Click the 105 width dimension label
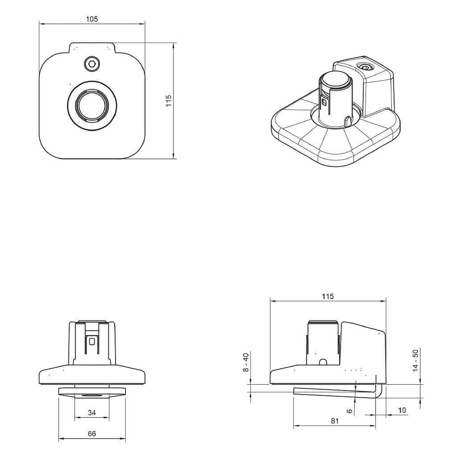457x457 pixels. (92, 19)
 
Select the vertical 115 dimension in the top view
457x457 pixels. (169, 101)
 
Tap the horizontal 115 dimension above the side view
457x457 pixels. (328, 296)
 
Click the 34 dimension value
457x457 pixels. (92, 413)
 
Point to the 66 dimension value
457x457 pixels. (92, 434)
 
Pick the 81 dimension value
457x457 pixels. (335, 421)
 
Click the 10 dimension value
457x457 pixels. (402, 411)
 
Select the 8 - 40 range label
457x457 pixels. (246, 362)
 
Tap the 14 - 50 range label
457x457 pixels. (415, 361)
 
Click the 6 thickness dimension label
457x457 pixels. (350, 411)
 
